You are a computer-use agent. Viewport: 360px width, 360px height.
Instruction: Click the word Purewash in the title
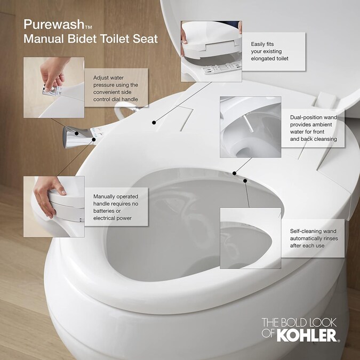coord(54,25)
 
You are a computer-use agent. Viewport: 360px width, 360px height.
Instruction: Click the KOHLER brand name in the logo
coord(307,335)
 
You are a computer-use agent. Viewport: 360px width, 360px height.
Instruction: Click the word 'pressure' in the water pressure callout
coord(103,85)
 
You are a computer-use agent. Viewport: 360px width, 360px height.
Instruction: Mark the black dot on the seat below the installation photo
coord(154,123)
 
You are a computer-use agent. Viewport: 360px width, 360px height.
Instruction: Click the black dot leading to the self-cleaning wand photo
coord(245,181)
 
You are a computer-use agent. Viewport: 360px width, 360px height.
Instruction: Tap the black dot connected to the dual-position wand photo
coord(234,173)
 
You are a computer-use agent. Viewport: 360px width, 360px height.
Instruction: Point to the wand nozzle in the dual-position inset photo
coord(249,123)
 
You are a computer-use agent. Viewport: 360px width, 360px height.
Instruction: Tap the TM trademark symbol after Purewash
coord(89,27)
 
